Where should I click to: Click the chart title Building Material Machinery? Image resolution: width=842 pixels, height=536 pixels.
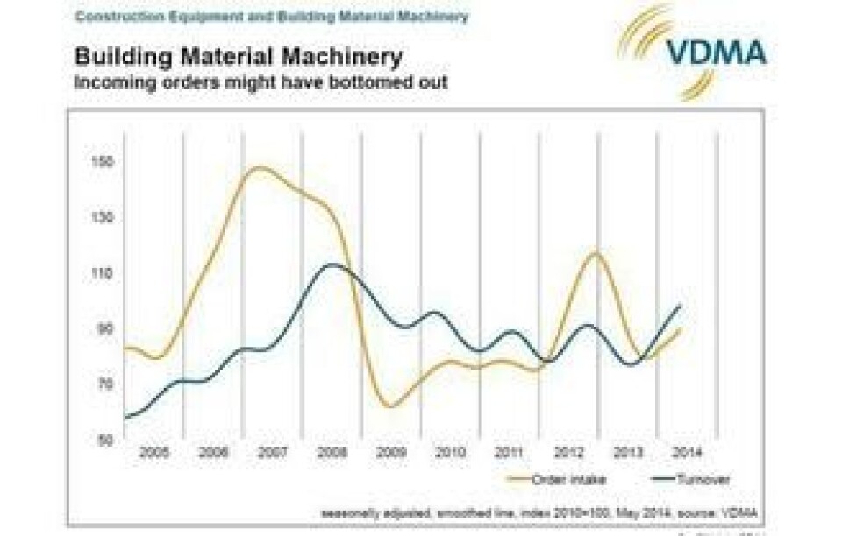click(x=239, y=59)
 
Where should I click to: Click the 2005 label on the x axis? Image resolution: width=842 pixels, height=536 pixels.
click(x=153, y=452)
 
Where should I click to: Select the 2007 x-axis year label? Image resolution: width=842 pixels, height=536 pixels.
click(x=272, y=452)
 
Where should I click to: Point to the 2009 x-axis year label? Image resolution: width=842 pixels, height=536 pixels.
click(x=390, y=452)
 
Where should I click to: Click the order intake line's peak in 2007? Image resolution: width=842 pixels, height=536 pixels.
click(x=260, y=166)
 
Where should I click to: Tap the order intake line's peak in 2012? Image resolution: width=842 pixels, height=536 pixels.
click(x=596, y=253)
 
